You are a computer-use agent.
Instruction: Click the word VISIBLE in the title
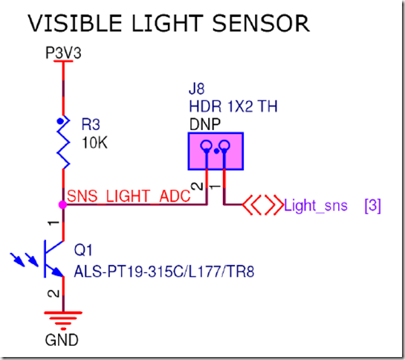point(75,23)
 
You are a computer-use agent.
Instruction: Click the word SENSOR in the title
point(261,23)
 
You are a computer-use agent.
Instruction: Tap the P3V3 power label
point(63,53)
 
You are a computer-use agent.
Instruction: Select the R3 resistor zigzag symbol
point(63,142)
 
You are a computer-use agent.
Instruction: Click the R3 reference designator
point(91,124)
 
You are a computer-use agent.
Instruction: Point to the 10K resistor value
point(94,143)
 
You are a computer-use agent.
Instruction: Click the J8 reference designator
point(197,89)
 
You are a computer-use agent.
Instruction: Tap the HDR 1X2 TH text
point(233,106)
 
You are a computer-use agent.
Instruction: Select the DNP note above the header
point(205,124)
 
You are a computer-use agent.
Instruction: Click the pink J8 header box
point(216,151)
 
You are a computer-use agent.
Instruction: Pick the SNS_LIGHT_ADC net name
point(129,196)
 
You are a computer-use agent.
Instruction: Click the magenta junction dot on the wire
point(62,205)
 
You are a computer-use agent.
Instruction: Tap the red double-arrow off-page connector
point(262,205)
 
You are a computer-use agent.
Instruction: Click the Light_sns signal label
point(316,206)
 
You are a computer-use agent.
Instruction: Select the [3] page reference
point(373,206)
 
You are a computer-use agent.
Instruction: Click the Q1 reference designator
point(83,250)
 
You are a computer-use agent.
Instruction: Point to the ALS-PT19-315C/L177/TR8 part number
point(164,271)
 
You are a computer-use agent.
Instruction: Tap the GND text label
point(62,340)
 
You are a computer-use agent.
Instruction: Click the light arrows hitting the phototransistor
point(25,260)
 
